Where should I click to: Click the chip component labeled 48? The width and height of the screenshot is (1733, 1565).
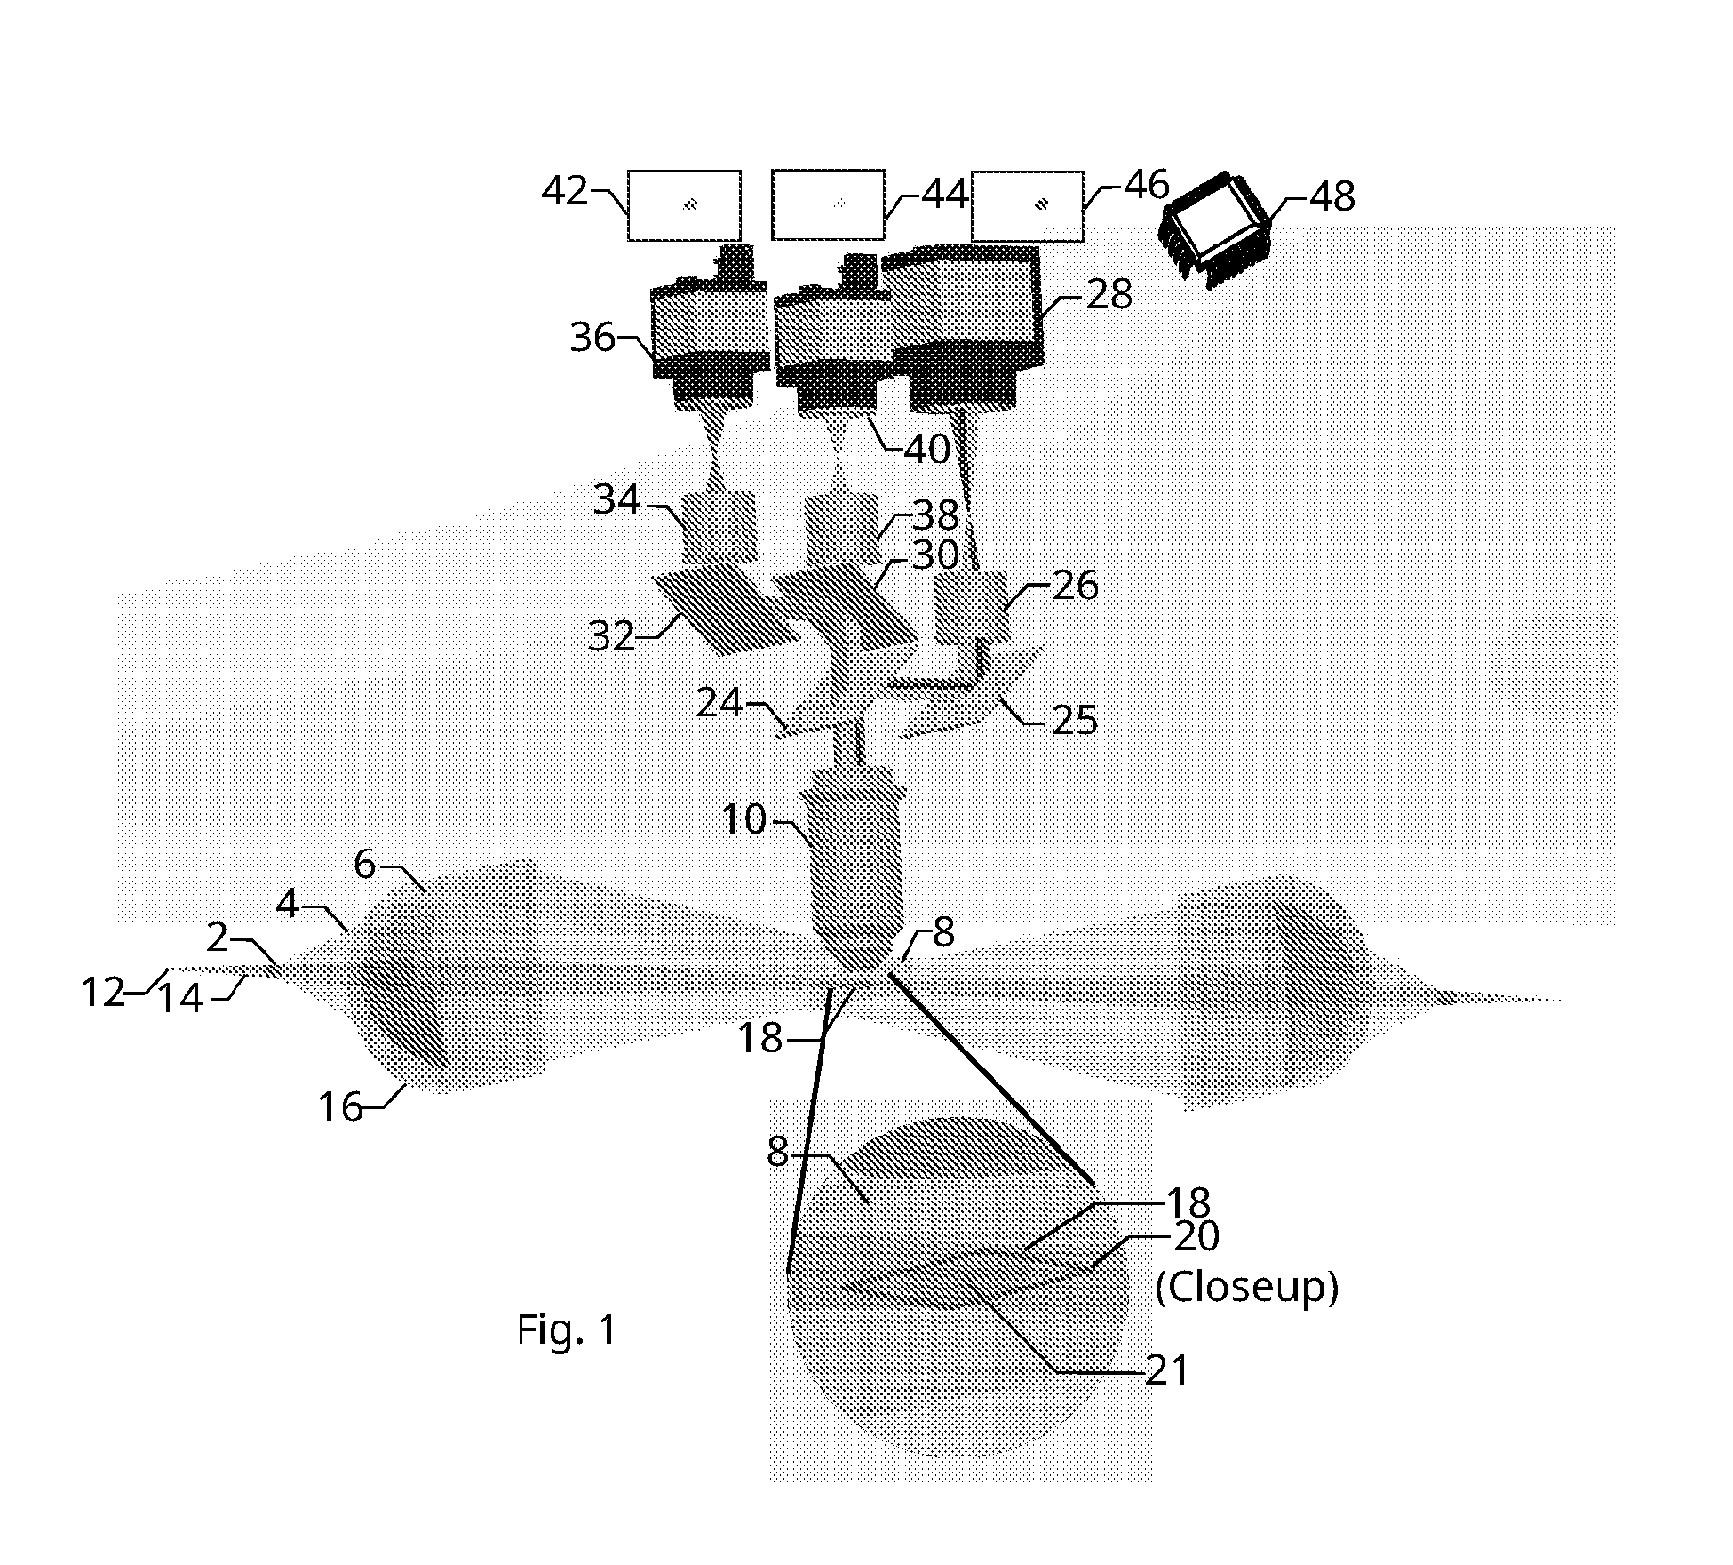(x=1215, y=228)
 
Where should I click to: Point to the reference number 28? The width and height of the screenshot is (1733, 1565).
(x=1109, y=295)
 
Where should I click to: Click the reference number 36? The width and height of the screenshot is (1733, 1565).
(x=592, y=338)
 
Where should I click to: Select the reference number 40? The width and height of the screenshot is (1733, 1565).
(x=926, y=450)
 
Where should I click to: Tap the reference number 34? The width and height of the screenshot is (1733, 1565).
(x=616, y=500)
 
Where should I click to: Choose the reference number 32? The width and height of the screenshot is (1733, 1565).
(x=611, y=636)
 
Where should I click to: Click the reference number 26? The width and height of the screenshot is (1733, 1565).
(x=1075, y=587)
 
